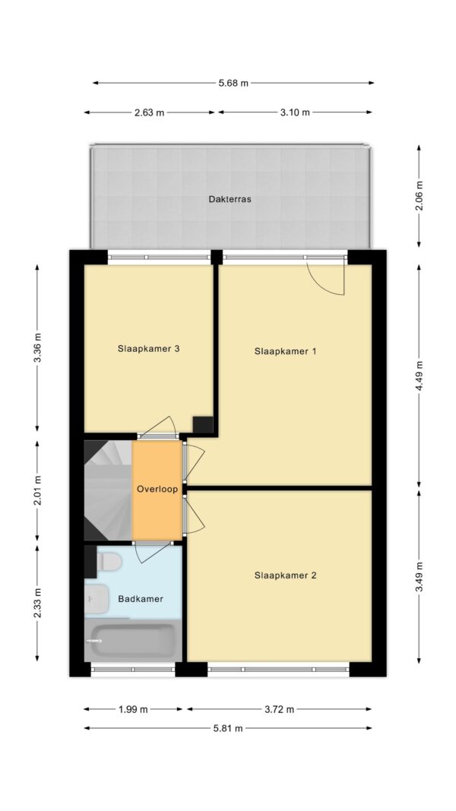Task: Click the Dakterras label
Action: [230, 199]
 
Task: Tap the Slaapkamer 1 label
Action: [285, 351]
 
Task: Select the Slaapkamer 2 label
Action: [285, 575]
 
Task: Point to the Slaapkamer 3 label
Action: [148, 349]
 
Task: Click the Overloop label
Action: [157, 489]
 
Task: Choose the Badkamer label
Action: [141, 599]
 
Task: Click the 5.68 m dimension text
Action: [233, 83]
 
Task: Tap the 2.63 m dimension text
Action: [149, 112]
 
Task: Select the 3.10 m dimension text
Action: [295, 112]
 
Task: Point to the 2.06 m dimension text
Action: [420, 196]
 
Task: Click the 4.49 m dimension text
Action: [420, 375]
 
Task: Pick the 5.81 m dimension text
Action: [228, 728]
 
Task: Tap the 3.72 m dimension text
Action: [280, 709]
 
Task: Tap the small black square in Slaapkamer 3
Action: [203, 425]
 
